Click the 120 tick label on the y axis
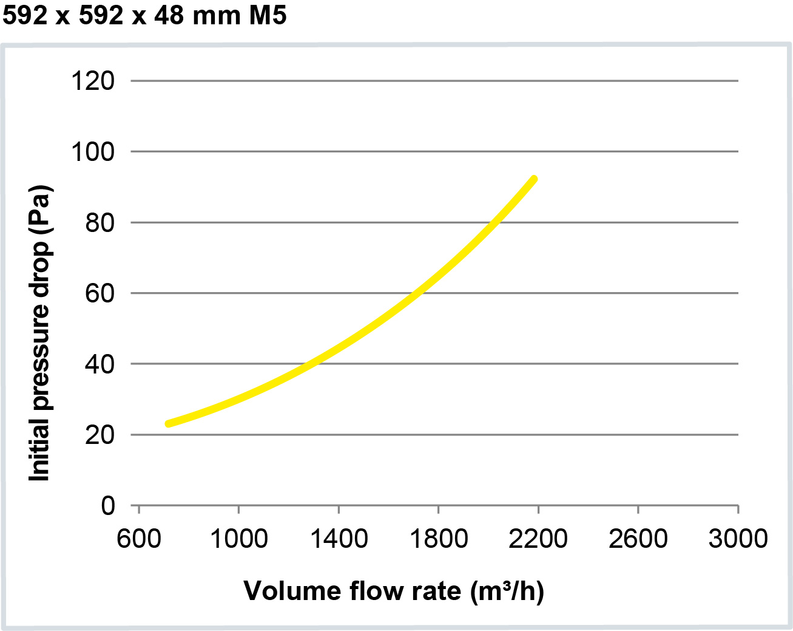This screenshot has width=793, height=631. (x=93, y=81)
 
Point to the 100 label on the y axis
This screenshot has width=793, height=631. (x=93, y=152)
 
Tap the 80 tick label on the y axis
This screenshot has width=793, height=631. (x=100, y=223)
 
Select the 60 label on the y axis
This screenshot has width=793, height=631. (x=100, y=293)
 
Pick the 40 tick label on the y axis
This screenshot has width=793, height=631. (x=100, y=364)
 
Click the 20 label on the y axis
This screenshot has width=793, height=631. (x=100, y=435)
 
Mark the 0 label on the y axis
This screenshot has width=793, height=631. (x=107, y=505)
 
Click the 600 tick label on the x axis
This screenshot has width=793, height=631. (x=139, y=539)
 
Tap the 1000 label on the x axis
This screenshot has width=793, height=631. (x=238, y=539)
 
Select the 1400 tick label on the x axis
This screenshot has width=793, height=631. (x=339, y=539)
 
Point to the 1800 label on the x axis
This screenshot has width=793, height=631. (x=439, y=539)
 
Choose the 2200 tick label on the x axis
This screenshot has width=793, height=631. (x=538, y=539)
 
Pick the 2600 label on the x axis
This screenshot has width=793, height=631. (x=638, y=539)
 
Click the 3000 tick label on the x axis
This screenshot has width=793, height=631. (x=738, y=539)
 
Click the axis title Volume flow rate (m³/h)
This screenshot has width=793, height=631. (x=394, y=591)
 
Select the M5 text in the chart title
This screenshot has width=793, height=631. (x=268, y=15)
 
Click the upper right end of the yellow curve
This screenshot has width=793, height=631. (x=534, y=179)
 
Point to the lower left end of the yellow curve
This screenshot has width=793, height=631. (x=169, y=423)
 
